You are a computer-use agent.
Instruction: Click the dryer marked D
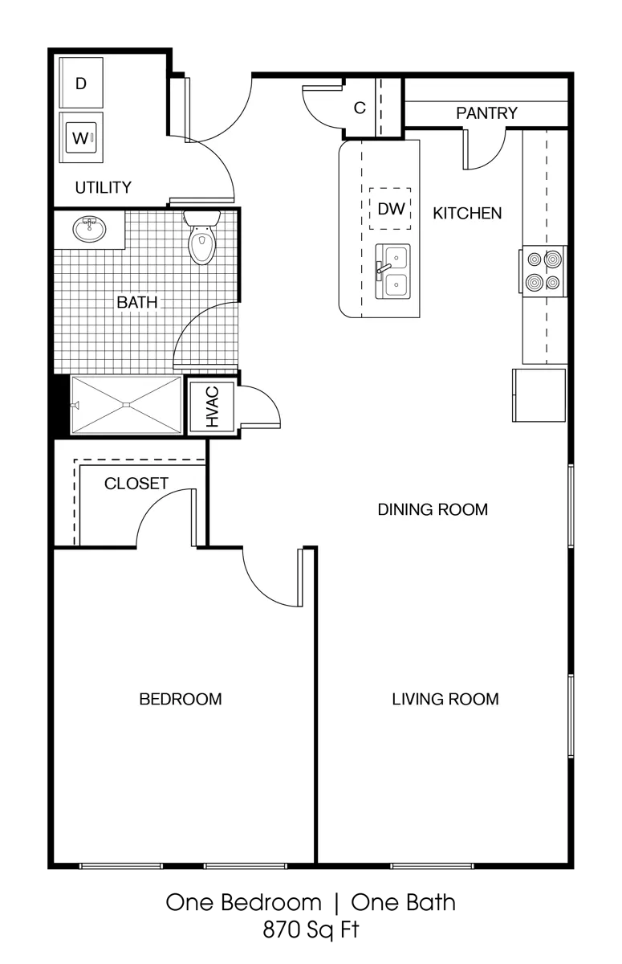(x=81, y=83)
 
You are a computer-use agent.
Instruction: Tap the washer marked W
(x=81, y=137)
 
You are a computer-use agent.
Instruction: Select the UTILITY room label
(x=104, y=188)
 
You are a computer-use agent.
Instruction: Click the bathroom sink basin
(x=89, y=229)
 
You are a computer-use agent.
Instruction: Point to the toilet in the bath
(x=201, y=237)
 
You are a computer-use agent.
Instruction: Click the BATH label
(x=137, y=302)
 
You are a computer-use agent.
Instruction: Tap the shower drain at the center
(x=126, y=405)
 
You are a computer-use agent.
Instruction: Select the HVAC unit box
(x=212, y=406)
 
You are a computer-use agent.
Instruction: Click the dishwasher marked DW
(x=390, y=209)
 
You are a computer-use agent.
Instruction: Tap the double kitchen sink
(x=392, y=272)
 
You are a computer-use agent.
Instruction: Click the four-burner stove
(x=544, y=271)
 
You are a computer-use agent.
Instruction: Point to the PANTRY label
(x=486, y=113)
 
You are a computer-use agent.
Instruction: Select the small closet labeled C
(x=360, y=108)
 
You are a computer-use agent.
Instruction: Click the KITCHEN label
(x=467, y=214)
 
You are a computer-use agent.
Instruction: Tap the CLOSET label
(x=136, y=484)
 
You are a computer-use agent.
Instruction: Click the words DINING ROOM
(x=433, y=509)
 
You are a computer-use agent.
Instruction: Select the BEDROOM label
(x=181, y=700)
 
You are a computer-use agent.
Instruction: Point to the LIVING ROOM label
(x=445, y=700)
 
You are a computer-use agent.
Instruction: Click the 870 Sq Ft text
(x=311, y=930)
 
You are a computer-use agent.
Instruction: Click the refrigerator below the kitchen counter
(x=539, y=395)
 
